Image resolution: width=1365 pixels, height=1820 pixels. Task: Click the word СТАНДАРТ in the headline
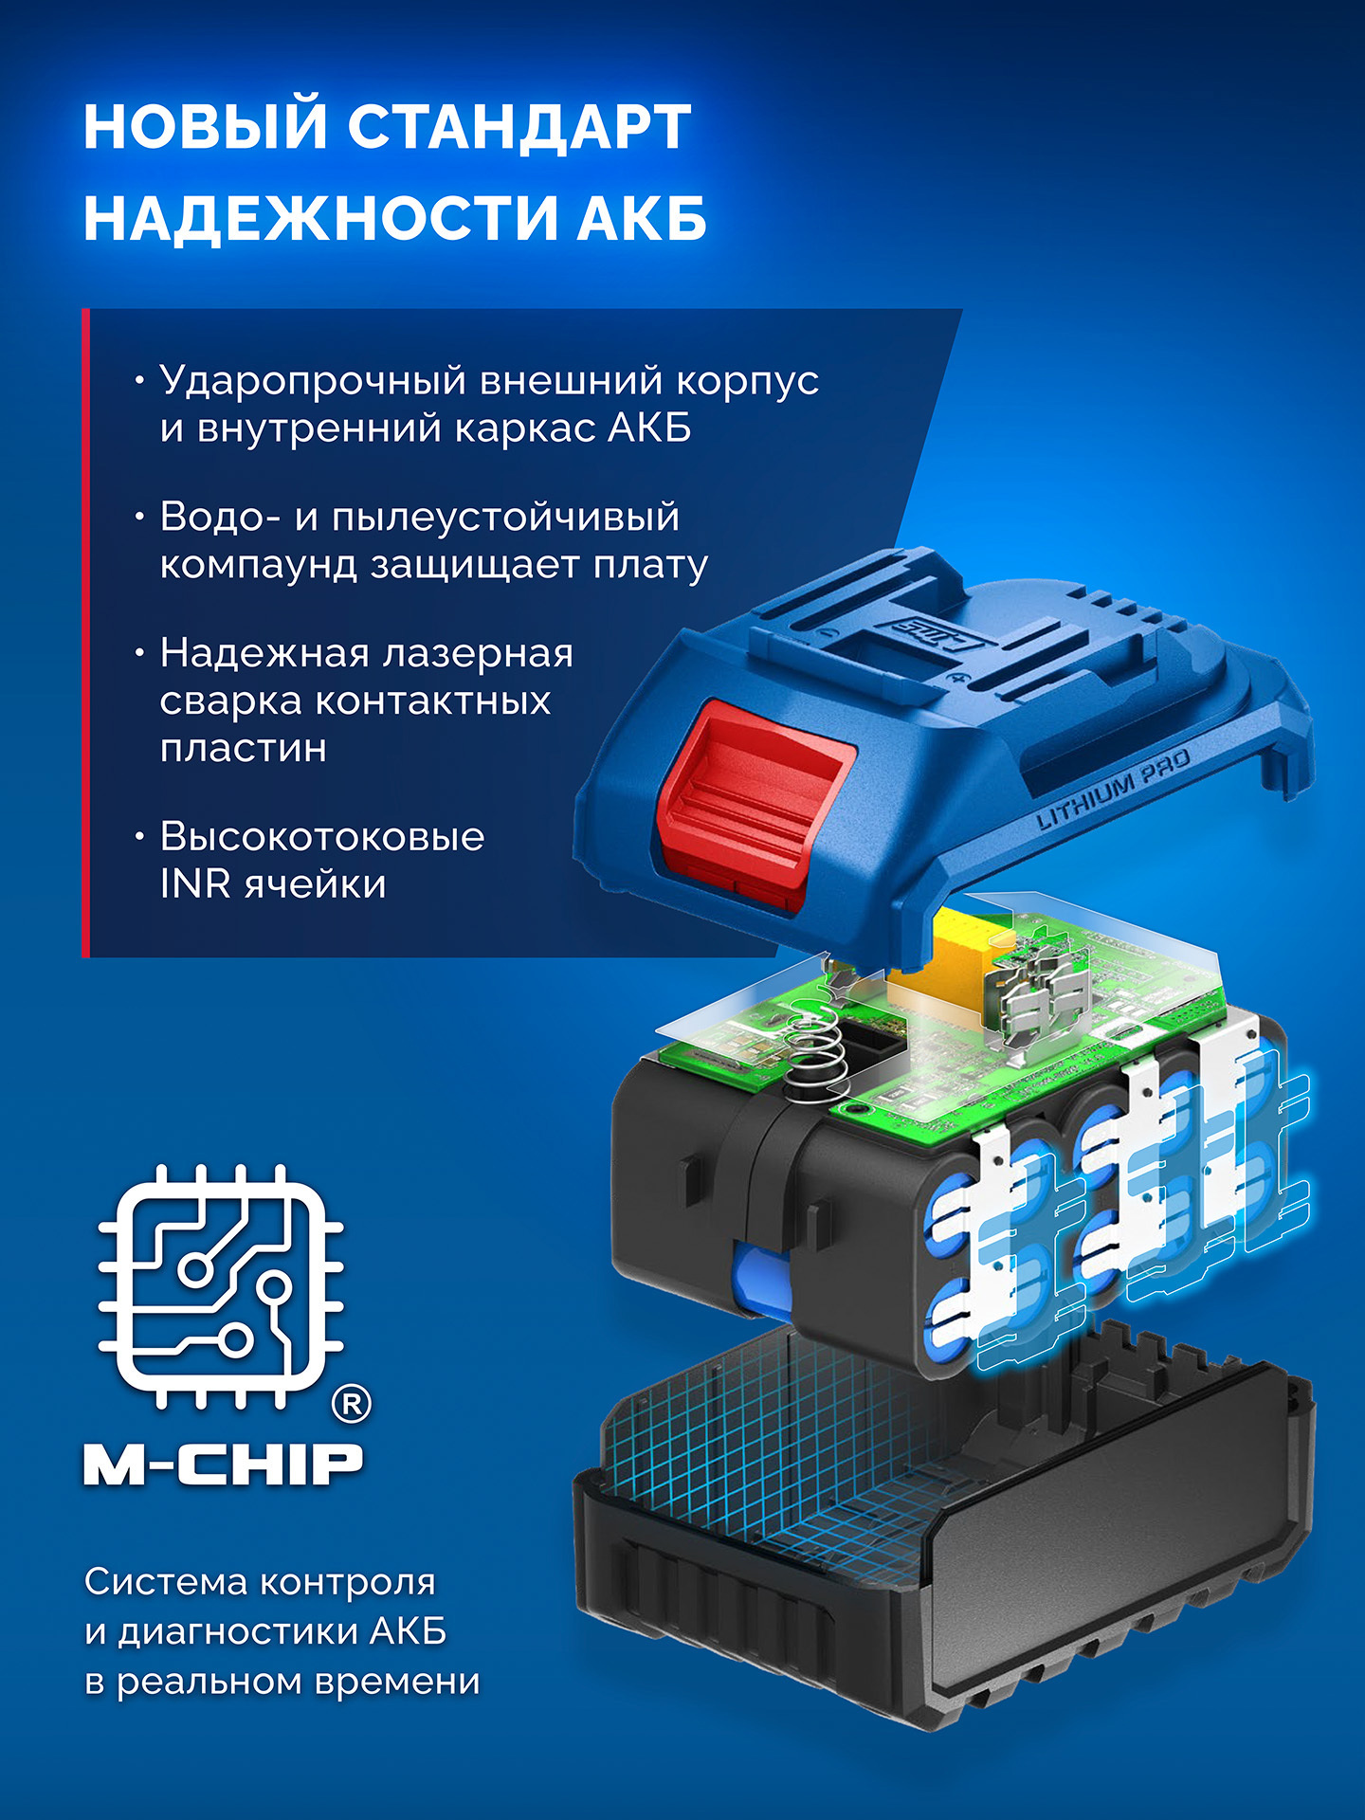click(x=519, y=126)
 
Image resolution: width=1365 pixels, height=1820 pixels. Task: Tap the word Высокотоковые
click(x=322, y=837)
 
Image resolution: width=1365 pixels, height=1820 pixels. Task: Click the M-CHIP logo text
click(x=224, y=1465)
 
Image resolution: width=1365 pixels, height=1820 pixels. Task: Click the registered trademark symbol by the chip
click(x=351, y=1403)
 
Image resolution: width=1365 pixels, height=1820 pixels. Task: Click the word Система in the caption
click(x=165, y=1582)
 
